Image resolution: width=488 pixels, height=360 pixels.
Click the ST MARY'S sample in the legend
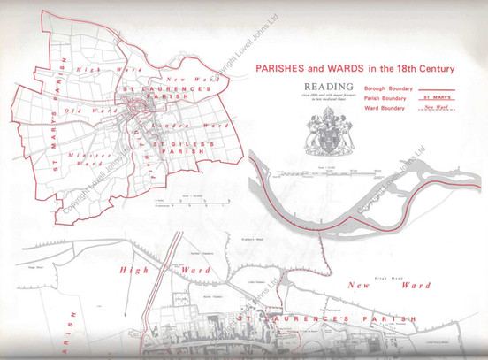[x=436, y=98]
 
